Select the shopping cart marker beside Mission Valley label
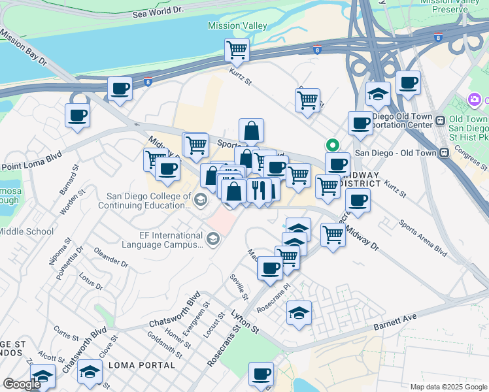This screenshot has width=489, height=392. (237, 50)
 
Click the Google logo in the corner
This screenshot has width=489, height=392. (22, 384)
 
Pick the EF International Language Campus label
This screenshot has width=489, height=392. (162, 240)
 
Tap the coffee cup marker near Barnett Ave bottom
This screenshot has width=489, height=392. (261, 375)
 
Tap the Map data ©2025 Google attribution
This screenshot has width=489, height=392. (448, 387)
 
